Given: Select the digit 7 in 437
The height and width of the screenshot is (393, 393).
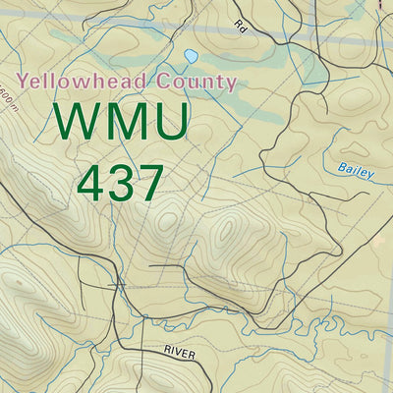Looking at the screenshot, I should [148, 183].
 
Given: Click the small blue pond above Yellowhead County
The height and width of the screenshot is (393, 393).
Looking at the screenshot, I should [190, 56].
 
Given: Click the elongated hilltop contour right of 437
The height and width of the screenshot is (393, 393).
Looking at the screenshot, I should [227, 231].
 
